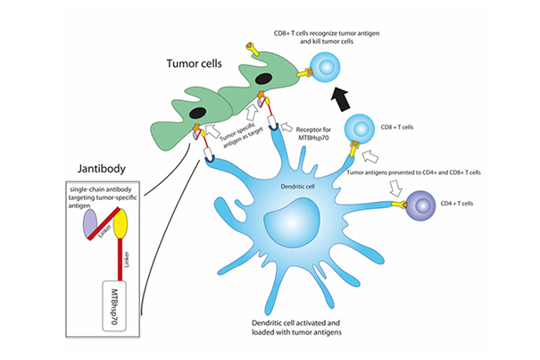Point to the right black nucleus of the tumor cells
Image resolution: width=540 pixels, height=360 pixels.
pos(263,78)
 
